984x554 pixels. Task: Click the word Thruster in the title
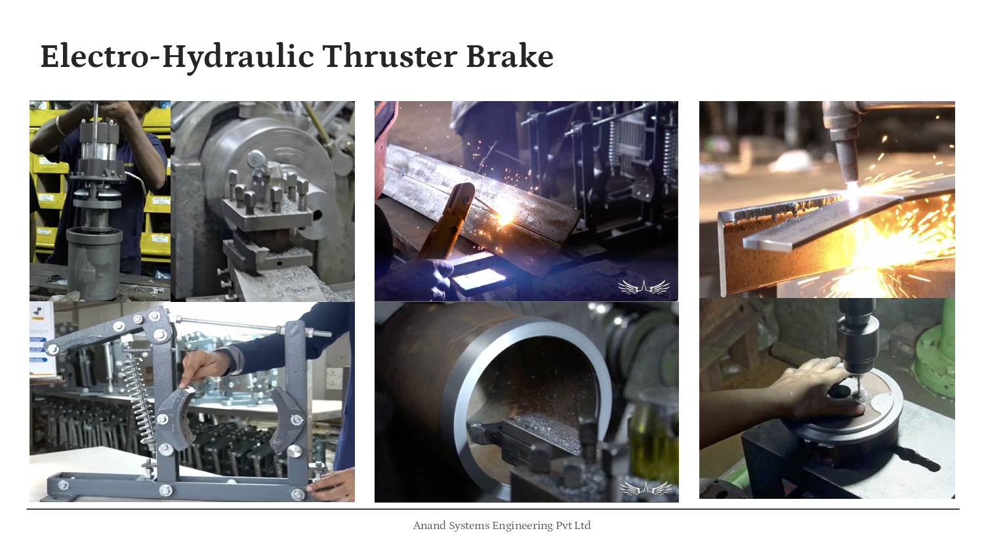pos(388,56)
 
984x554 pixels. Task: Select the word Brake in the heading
pos(510,56)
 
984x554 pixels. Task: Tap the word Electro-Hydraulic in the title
pos(177,56)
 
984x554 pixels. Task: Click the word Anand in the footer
pos(429,526)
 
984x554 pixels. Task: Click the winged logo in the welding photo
pos(644,287)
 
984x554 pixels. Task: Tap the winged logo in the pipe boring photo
pos(646,488)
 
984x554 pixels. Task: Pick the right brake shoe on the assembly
pos(287,418)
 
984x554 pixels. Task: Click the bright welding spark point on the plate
pos(505,215)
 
